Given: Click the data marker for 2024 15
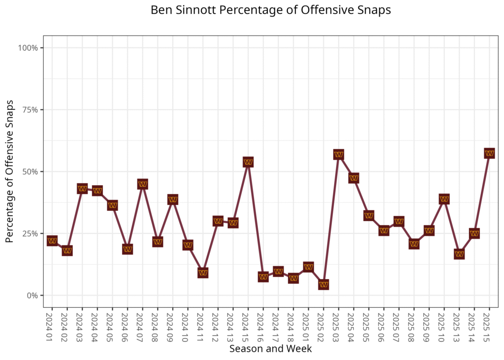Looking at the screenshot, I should (x=248, y=162).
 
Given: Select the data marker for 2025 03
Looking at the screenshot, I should (x=339, y=155).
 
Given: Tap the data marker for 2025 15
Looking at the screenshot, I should (x=489, y=153).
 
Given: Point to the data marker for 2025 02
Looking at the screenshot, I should (x=323, y=285).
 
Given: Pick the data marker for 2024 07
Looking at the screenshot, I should (x=143, y=184).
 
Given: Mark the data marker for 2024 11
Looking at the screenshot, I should (x=203, y=273).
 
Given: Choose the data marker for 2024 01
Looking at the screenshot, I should (x=52, y=241).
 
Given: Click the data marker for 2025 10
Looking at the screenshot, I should (x=444, y=199).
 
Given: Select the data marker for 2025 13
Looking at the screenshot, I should (x=459, y=254).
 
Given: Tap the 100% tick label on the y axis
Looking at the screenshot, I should (x=28, y=48).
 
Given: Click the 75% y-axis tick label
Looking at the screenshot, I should (x=30, y=110).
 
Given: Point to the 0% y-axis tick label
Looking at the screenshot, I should (x=32, y=295).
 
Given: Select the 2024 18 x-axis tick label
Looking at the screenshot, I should (x=293, y=325).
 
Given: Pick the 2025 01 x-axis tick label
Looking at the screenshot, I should (x=309, y=325).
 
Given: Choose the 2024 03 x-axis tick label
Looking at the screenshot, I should (x=82, y=325).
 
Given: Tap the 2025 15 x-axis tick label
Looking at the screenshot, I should (x=489, y=325).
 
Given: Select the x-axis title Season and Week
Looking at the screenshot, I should (x=270, y=349).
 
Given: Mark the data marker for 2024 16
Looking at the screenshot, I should (x=263, y=277).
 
